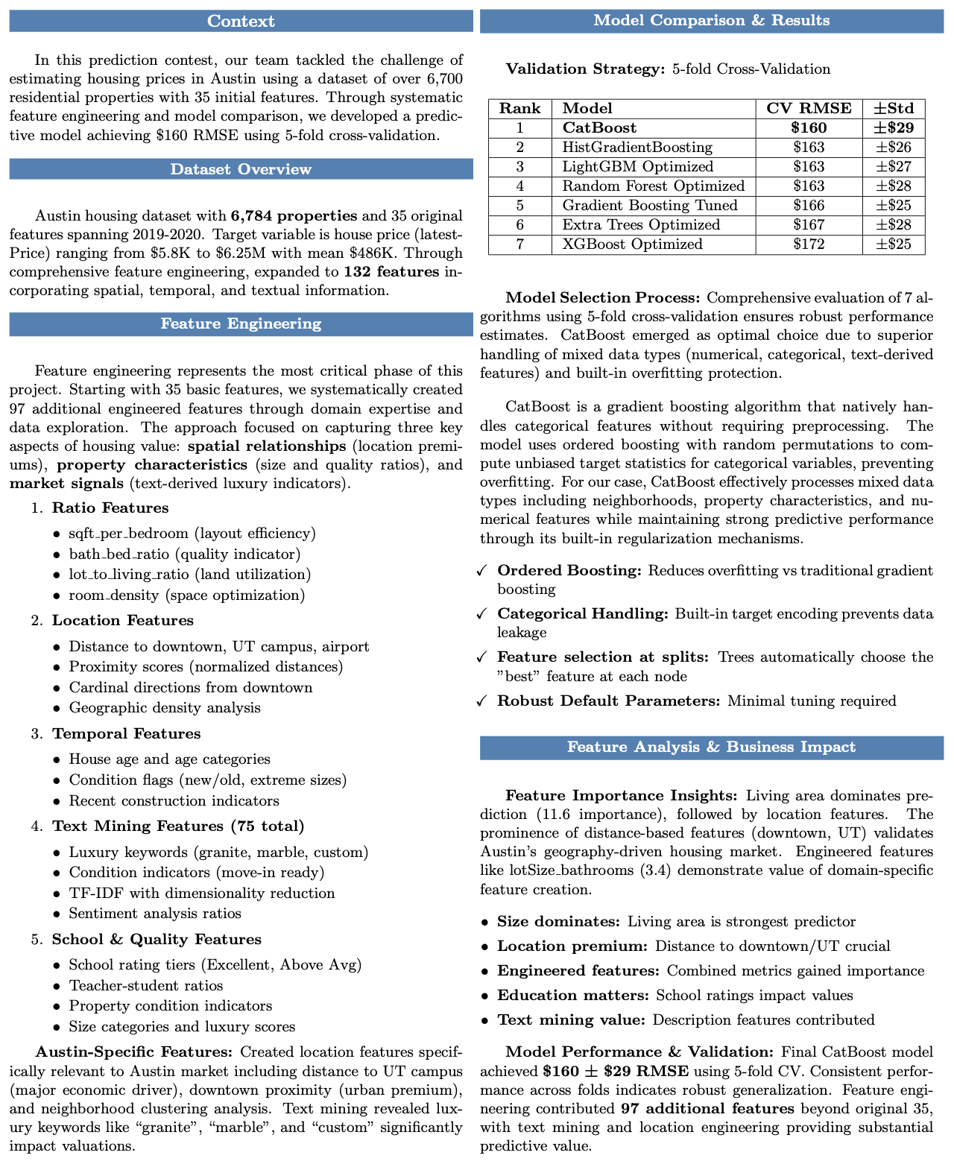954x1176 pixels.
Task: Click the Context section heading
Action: point(241,21)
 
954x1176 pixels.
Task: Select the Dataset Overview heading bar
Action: point(241,169)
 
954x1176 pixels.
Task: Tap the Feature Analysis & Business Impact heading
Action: point(711,747)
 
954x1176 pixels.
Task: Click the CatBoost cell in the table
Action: point(599,127)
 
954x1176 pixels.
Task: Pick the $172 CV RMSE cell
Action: point(809,244)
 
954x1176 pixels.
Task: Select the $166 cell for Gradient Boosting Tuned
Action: point(809,205)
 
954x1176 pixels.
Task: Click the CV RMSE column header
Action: point(809,108)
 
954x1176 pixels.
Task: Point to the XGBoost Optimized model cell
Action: point(632,244)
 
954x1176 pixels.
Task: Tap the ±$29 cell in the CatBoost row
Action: point(893,127)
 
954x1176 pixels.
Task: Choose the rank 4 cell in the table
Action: point(519,186)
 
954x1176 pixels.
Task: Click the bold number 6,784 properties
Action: point(294,216)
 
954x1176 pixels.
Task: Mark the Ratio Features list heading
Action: point(110,508)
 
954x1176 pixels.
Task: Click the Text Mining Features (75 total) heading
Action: point(177,826)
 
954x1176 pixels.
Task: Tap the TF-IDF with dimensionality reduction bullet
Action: point(201,893)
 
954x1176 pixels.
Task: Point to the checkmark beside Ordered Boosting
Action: point(482,572)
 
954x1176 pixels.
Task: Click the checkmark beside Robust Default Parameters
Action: point(482,701)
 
